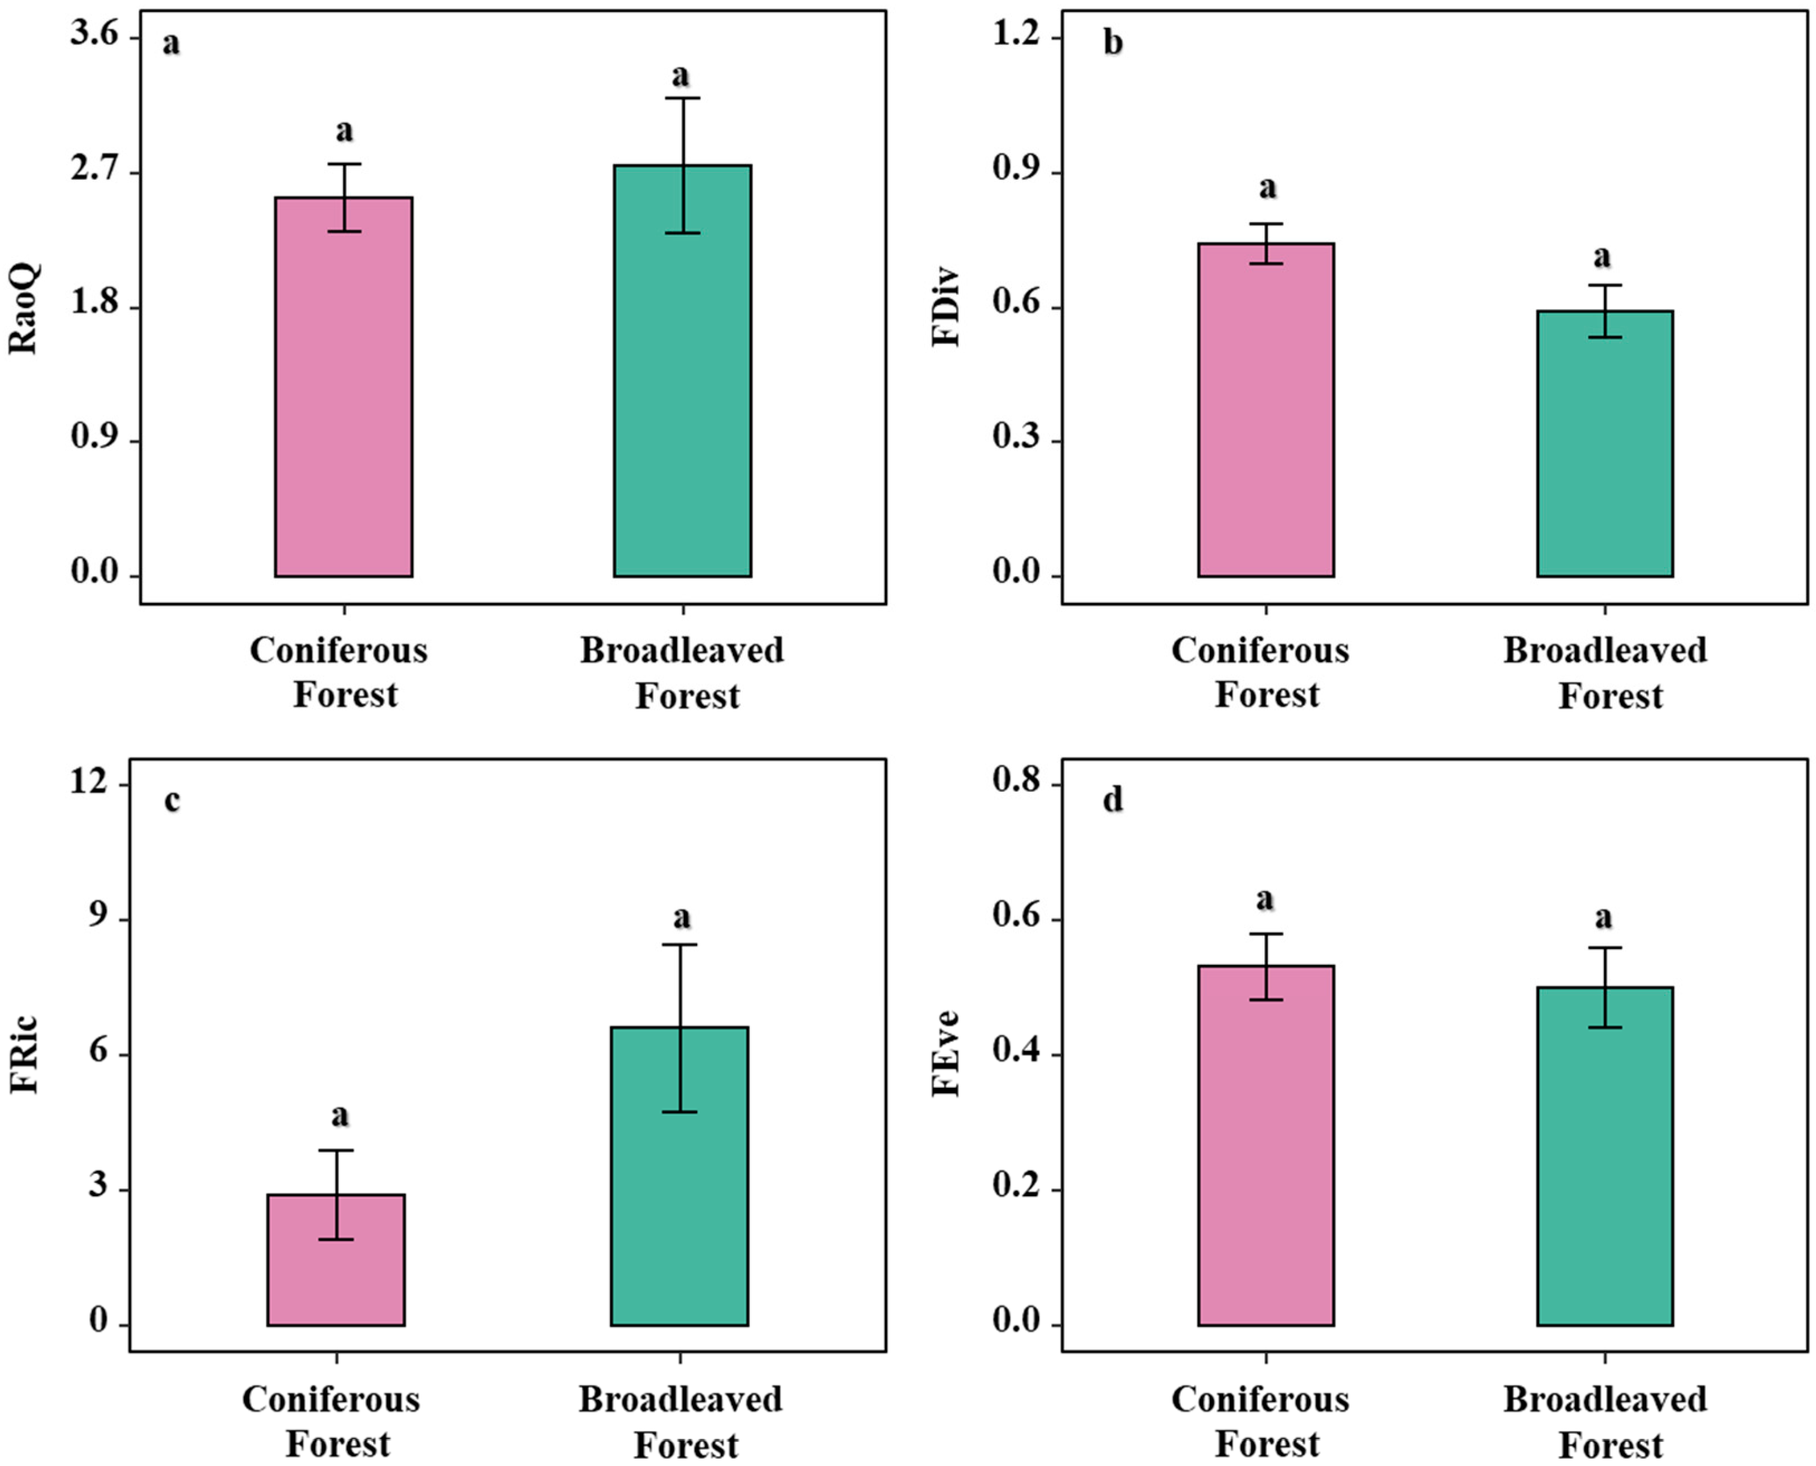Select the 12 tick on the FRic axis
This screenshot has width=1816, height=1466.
pos(89,783)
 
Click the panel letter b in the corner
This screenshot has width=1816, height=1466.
pos(1113,42)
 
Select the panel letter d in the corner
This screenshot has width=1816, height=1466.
pos(1113,798)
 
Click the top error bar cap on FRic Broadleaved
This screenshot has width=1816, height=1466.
pos(679,945)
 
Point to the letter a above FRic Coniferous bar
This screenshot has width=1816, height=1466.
pos(339,1115)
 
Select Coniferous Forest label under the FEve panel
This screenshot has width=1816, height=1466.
pos(1261,1421)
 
